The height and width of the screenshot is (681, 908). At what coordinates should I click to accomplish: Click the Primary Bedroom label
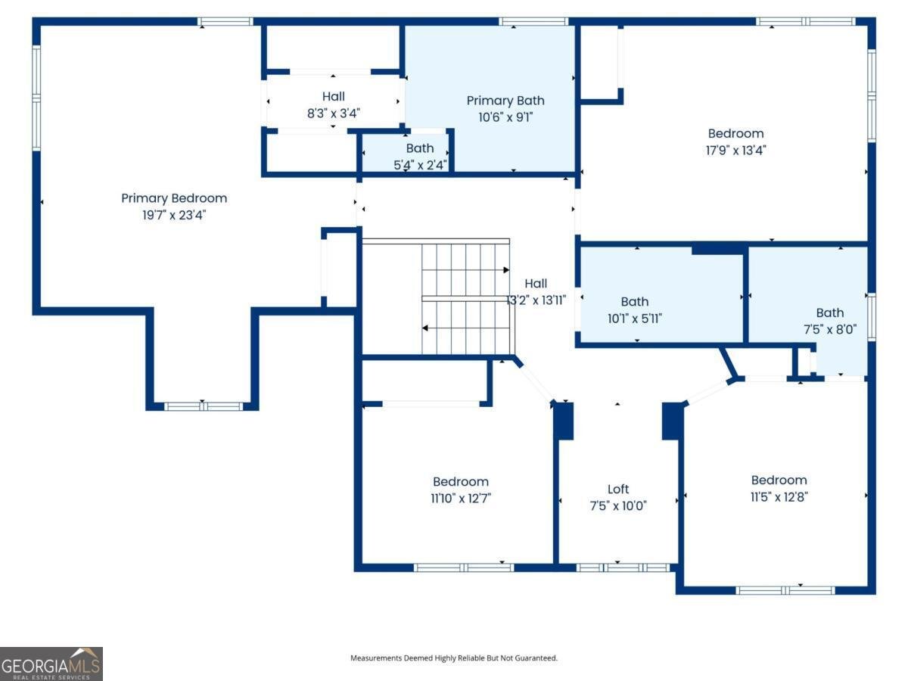pos(174,198)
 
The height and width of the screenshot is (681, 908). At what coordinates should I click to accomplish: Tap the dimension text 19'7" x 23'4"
pos(174,215)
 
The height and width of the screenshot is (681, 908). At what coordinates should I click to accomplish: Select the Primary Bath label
pos(505,101)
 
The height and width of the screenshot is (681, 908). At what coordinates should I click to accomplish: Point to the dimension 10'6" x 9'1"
pos(505,117)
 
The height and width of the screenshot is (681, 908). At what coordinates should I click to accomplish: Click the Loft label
pos(618,489)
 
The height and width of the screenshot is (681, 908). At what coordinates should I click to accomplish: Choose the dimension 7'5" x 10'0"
pos(618,505)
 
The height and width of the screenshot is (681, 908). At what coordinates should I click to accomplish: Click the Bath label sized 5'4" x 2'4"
pos(420,148)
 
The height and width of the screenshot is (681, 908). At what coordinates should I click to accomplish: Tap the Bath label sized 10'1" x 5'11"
pos(635,302)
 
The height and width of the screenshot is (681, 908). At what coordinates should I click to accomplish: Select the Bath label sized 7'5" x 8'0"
pos(830,313)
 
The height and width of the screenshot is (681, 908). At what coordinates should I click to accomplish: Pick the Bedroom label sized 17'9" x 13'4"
pos(735,133)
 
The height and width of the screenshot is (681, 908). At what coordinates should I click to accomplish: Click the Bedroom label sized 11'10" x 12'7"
pos(461,481)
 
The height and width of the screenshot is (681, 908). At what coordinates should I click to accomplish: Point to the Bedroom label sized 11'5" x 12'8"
pos(779,480)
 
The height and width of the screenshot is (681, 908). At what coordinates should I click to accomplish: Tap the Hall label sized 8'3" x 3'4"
pos(334,96)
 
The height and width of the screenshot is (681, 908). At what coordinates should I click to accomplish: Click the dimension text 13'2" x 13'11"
pos(536,300)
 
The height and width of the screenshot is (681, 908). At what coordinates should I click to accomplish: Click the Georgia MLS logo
pos(51,664)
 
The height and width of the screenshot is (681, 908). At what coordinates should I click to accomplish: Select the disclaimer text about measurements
pos(454,658)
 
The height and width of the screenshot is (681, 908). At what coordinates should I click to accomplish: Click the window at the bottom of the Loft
pos(623,567)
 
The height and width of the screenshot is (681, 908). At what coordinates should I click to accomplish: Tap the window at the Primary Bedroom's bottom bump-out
pos(204,406)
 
